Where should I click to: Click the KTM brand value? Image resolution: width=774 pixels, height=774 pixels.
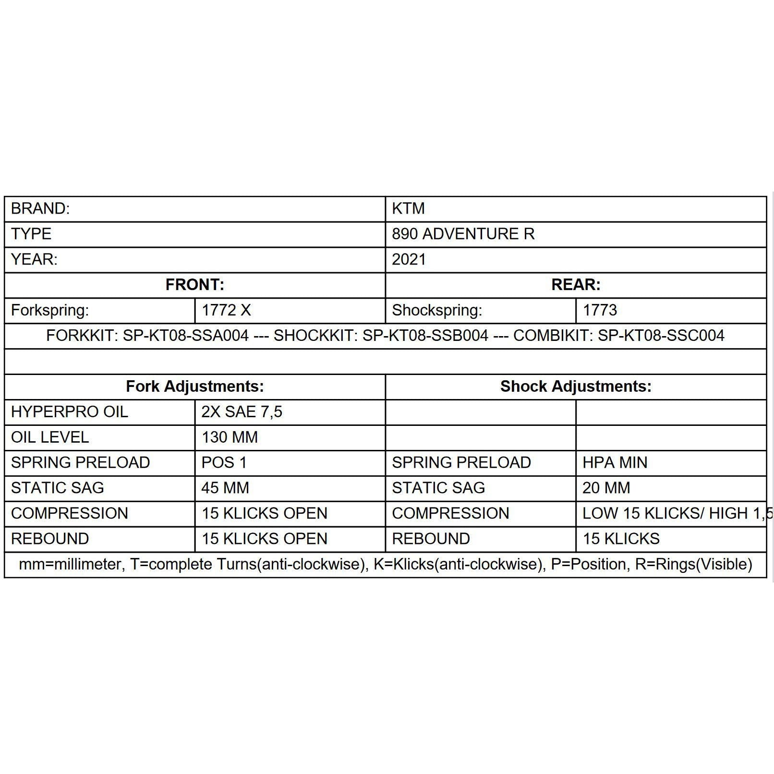[408, 209]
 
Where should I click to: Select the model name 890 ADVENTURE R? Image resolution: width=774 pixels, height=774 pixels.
[463, 234]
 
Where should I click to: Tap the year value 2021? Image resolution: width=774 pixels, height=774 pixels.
[409, 260]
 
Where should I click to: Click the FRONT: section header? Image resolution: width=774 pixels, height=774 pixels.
[195, 285]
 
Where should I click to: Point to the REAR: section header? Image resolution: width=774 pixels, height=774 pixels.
[576, 285]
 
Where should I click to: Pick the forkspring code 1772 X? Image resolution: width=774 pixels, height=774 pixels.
[226, 311]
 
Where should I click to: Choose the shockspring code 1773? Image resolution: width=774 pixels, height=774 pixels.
[600, 311]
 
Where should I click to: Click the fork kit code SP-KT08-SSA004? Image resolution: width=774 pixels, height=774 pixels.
[186, 336]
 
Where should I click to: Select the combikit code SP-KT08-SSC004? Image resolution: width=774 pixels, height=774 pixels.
[661, 336]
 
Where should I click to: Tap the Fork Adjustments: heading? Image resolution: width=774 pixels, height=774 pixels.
[195, 387]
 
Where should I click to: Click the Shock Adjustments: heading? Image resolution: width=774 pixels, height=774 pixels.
[576, 387]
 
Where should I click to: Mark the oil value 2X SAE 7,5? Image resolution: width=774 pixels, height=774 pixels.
[242, 412]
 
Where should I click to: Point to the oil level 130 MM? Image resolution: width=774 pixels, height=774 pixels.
[230, 437]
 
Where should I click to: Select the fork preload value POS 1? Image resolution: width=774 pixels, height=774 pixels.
[224, 463]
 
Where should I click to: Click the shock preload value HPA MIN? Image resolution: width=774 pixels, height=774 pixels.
[615, 463]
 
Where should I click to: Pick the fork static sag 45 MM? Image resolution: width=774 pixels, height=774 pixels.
[225, 488]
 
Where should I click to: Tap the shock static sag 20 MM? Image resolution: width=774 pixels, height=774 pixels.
[606, 488]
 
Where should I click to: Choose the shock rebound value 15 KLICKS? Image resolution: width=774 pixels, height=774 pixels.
[621, 539]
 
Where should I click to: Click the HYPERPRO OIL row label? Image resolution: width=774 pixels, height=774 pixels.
[70, 412]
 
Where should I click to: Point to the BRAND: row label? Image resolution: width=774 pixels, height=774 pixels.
[40, 209]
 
